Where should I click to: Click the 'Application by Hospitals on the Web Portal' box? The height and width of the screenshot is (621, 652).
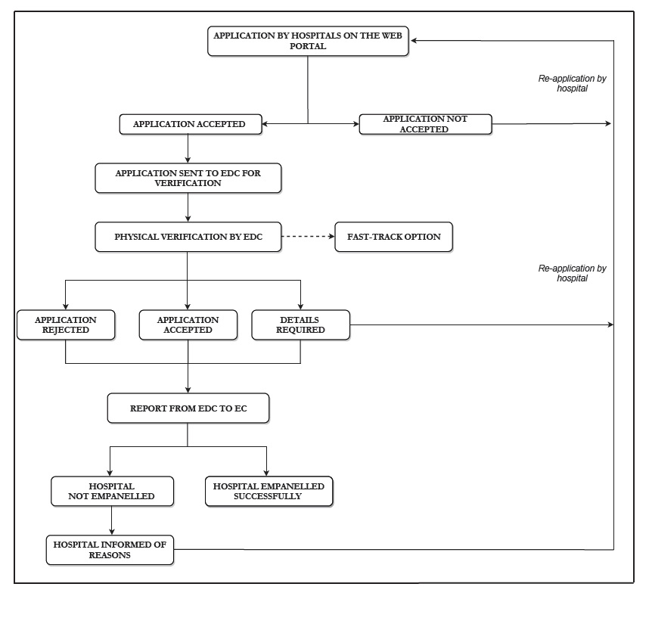click(x=308, y=41)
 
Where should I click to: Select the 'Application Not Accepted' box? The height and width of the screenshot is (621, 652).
click(x=425, y=124)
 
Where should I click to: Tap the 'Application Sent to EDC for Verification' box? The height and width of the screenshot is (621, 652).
click(x=188, y=178)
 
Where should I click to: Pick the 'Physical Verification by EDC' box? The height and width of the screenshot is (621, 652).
click(x=188, y=237)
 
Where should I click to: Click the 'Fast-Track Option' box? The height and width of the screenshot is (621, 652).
click(x=394, y=237)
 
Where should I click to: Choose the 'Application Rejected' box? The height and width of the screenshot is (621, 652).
click(x=66, y=324)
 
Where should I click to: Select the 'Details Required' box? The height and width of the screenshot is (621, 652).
click(x=300, y=324)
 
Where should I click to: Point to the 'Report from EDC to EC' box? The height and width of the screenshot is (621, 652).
click(x=188, y=408)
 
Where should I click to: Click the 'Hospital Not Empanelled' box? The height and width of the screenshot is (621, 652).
click(x=112, y=491)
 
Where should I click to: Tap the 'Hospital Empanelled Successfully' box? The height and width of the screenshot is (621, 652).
click(x=269, y=491)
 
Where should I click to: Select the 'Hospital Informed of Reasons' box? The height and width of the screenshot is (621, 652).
click(x=110, y=550)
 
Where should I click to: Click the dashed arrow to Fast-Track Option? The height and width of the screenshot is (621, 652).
click(x=308, y=236)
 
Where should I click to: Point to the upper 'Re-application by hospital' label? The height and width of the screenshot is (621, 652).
click(x=572, y=83)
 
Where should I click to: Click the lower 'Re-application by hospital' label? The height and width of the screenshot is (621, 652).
click(x=572, y=273)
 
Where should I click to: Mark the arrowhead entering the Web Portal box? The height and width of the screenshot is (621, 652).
click(x=414, y=41)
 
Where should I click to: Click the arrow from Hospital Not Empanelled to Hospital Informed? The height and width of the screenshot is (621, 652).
click(x=111, y=520)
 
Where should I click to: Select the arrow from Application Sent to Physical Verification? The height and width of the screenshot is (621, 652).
click(x=188, y=207)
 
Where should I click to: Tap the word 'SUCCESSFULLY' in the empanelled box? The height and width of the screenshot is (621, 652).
click(x=267, y=496)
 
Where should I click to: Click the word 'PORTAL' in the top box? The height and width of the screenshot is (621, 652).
click(x=308, y=46)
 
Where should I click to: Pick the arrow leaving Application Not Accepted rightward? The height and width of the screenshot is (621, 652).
click(x=551, y=123)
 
